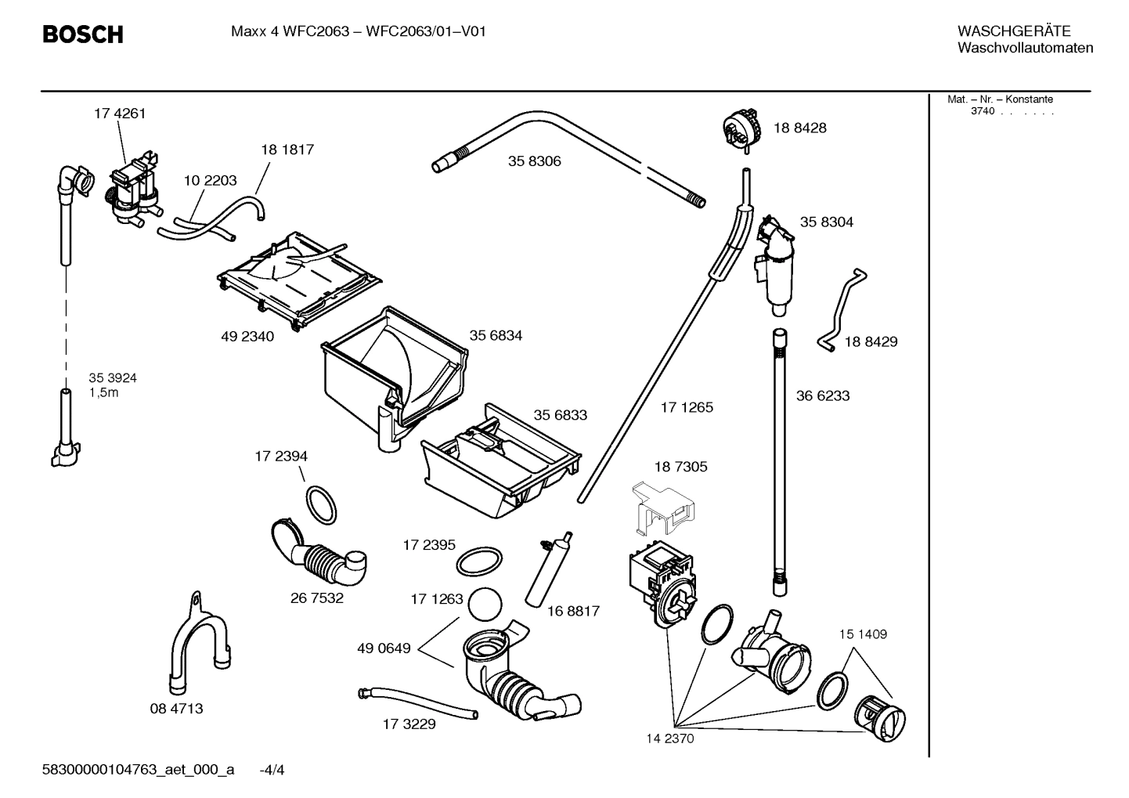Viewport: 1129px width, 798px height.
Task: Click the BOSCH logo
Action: pyautogui.click(x=82, y=34)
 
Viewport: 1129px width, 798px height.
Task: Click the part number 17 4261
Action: pyautogui.click(x=120, y=114)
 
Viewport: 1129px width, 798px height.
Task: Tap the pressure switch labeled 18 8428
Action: pyautogui.click(x=741, y=128)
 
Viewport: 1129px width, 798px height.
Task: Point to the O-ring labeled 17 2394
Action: pyautogui.click(x=321, y=506)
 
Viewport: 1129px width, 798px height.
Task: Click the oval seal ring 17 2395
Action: pyautogui.click(x=478, y=561)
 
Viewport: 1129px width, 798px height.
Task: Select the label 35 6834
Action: pyautogui.click(x=496, y=335)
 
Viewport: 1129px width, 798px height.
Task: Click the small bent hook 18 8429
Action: pyautogui.click(x=842, y=309)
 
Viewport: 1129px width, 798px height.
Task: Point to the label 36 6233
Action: pyautogui.click(x=823, y=395)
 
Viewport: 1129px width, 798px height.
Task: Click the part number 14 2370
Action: pyautogui.click(x=669, y=738)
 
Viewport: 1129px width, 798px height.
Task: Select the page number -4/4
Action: pyautogui.click(x=272, y=770)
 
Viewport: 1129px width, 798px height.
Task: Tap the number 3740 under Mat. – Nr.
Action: pyautogui.click(x=982, y=111)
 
